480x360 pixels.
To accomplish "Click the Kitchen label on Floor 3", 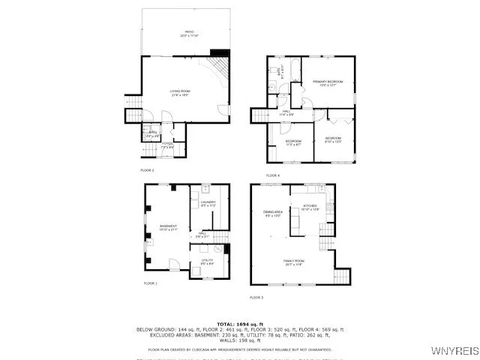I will [x=310, y=207].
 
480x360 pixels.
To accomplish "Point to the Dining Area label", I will [x=273, y=214].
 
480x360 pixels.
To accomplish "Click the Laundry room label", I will [x=208, y=202].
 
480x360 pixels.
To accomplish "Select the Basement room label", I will [x=169, y=228].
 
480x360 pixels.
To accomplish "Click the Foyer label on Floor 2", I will [x=167, y=145].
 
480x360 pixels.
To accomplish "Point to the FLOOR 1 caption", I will [x=151, y=283].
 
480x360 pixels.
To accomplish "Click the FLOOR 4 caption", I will [x=272, y=175].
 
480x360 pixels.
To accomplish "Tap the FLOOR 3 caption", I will [x=256, y=298].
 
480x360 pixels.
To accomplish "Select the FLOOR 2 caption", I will [x=147, y=170].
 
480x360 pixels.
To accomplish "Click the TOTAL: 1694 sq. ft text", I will [x=239, y=323].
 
